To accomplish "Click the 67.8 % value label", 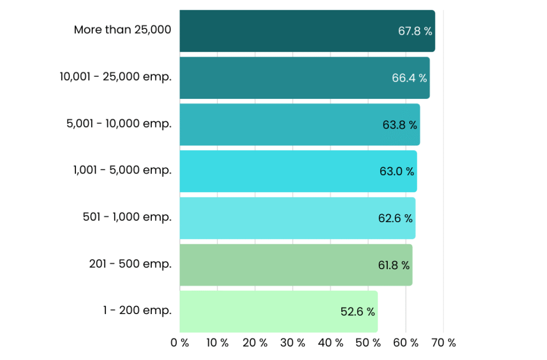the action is [x=415, y=31].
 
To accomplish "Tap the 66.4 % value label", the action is [x=409, y=78].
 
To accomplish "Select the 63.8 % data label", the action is [x=400, y=125].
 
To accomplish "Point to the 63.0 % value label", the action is [x=397, y=171].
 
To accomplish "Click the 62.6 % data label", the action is [x=395, y=218].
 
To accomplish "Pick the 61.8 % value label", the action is [x=394, y=265].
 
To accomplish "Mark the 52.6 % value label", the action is [x=357, y=311].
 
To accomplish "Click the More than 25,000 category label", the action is [x=122, y=30].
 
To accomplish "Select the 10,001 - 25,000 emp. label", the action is [x=116, y=77].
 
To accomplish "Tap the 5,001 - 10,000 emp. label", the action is [x=119, y=123].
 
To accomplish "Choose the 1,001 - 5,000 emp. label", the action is [x=122, y=170].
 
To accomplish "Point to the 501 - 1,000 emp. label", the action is [x=127, y=217].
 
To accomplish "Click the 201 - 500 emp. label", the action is [x=130, y=264].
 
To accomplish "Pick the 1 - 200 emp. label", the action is [x=137, y=310].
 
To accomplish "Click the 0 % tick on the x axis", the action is [x=179, y=343].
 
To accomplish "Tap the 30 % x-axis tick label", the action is [x=293, y=343].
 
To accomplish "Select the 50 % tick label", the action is [x=368, y=343].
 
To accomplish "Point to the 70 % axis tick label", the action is [x=443, y=343].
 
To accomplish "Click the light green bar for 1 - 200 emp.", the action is [x=279, y=311].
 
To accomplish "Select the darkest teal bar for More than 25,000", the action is [x=307, y=31].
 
